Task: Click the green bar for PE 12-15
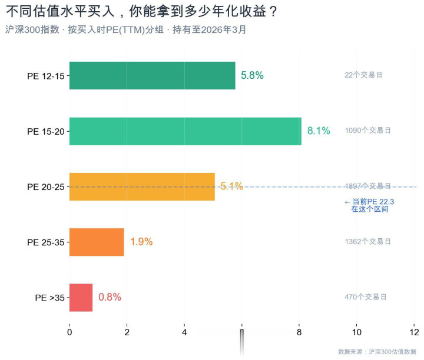(152, 75)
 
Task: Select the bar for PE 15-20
(185, 131)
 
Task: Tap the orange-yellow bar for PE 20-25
(142, 186)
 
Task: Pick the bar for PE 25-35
(97, 242)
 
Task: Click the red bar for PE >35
(81, 297)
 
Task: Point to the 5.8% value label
(252, 75)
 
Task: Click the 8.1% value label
(319, 131)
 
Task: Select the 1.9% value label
(141, 242)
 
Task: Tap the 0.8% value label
(110, 297)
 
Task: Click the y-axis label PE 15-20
(45, 131)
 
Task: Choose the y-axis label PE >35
(49, 298)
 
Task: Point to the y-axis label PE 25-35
(45, 242)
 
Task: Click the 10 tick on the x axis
(357, 332)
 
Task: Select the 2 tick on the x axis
(127, 332)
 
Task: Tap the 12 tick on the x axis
(414, 332)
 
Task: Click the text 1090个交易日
(368, 131)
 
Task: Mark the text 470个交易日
(366, 297)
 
